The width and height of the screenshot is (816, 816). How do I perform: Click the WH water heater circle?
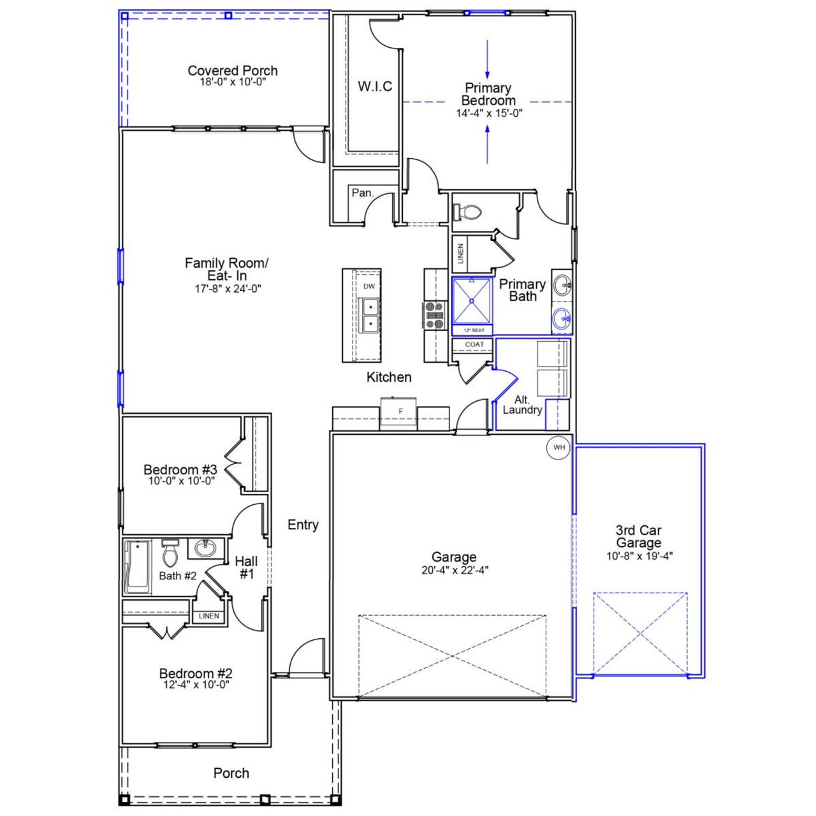(x=558, y=447)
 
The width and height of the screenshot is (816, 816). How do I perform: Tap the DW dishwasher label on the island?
(x=369, y=286)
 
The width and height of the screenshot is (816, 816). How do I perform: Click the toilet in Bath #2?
(x=170, y=555)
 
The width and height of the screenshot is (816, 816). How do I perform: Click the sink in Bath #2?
(x=205, y=548)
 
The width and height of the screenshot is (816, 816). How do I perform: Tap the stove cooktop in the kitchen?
(x=434, y=316)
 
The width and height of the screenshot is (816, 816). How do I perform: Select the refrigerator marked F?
(x=400, y=411)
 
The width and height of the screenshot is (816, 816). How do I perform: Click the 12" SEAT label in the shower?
(x=473, y=330)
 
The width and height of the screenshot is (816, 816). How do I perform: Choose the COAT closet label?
(x=474, y=344)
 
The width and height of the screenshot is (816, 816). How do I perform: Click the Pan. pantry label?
(x=362, y=193)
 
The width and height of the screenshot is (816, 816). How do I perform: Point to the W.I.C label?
(x=375, y=87)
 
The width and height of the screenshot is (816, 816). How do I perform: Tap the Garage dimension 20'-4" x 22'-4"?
(x=455, y=571)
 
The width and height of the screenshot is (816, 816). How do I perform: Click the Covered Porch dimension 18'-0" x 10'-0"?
(x=232, y=82)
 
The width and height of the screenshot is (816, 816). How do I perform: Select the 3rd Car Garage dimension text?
(x=639, y=556)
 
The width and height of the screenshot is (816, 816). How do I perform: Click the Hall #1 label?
(x=246, y=567)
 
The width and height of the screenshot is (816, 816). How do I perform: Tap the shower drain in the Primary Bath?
(x=472, y=300)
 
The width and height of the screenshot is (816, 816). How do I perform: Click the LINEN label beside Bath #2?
(x=208, y=616)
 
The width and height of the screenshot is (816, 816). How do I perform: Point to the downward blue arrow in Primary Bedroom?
(x=488, y=61)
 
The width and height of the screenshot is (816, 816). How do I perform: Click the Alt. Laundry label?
(x=521, y=405)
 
